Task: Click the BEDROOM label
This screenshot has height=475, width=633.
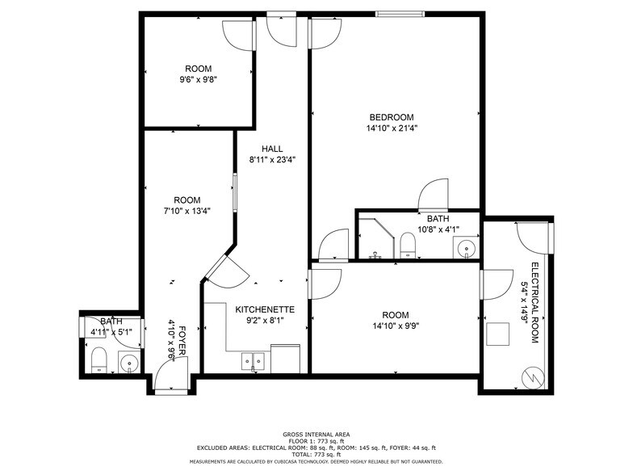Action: pos(392,117)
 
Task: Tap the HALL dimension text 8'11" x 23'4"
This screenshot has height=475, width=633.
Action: pos(273,160)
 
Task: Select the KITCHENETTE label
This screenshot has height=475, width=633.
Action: pos(265,310)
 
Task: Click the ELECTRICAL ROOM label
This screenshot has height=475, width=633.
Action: pos(534,303)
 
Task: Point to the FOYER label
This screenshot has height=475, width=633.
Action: pos(182,341)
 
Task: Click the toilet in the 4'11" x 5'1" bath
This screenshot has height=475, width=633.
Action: pos(99,360)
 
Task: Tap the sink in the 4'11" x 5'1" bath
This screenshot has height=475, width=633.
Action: pos(129,362)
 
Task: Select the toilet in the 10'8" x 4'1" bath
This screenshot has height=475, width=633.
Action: pos(407,246)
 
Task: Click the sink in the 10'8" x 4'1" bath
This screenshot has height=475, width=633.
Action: pos(467,247)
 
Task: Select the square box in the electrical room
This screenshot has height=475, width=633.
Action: pos(497,334)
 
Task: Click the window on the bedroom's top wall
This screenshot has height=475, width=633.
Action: pos(400,15)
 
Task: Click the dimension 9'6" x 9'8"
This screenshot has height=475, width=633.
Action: pos(199,79)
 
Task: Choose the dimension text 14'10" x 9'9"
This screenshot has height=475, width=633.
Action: pos(396,326)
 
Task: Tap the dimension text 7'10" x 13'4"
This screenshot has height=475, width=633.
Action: pos(187,211)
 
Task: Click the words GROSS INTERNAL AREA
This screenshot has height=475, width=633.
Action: pos(316,435)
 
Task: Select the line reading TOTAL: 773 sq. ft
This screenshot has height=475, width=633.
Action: pos(316,454)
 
